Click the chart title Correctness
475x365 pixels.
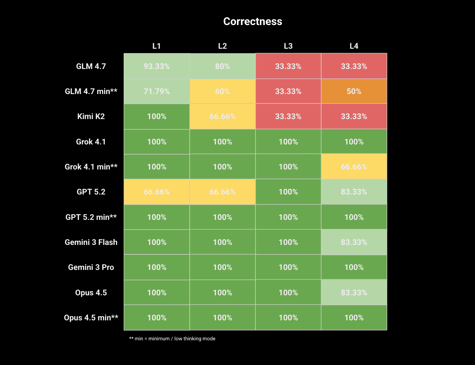(x=253, y=21)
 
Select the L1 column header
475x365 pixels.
(x=157, y=46)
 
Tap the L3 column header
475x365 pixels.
(x=288, y=46)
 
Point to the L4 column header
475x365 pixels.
(x=354, y=46)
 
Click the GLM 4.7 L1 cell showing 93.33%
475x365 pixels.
(x=157, y=66)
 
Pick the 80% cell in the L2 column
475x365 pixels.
(x=222, y=66)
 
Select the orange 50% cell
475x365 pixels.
(x=354, y=91)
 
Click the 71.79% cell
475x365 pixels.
(x=157, y=91)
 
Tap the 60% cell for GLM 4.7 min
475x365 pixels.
(x=222, y=91)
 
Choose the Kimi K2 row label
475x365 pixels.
(x=91, y=116)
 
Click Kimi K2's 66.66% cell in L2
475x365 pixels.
(x=222, y=116)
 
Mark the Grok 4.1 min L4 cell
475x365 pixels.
(x=354, y=167)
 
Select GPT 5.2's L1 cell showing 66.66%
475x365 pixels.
(x=157, y=192)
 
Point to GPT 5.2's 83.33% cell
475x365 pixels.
(x=354, y=192)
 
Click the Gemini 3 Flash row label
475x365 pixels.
(x=91, y=242)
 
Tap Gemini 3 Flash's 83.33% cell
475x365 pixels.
(x=354, y=242)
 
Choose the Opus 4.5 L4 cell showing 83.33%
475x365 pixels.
(x=354, y=293)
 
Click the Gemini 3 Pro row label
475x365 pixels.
(x=91, y=267)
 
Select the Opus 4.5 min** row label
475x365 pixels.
(x=91, y=318)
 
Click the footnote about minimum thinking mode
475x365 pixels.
(x=172, y=339)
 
